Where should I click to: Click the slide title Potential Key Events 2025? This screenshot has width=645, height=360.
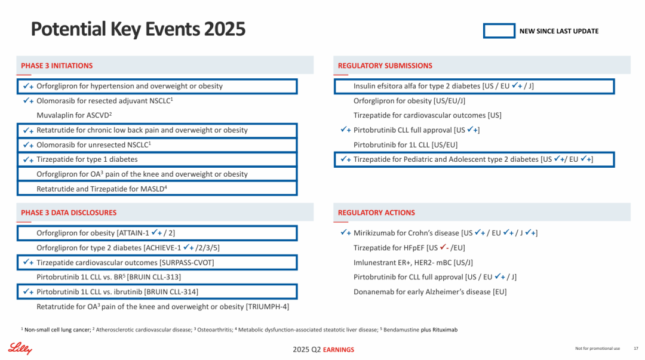pyautogui.click(x=138, y=29)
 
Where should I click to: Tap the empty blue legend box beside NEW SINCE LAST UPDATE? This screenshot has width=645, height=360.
pyautogui.click(x=499, y=31)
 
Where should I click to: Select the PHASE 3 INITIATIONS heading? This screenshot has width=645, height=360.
pyautogui.click(x=57, y=66)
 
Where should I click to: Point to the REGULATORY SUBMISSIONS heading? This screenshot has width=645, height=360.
pyautogui.click(x=385, y=66)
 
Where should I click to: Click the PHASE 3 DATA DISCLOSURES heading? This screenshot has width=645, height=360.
pyautogui.click(x=69, y=213)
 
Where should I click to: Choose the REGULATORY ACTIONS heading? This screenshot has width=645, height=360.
pyautogui.click(x=376, y=213)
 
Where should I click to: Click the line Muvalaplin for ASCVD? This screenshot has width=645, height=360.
pyautogui.click(x=75, y=115)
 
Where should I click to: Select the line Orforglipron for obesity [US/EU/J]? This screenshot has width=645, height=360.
pyautogui.click(x=409, y=100)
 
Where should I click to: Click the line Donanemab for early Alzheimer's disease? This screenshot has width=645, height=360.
pyautogui.click(x=430, y=292)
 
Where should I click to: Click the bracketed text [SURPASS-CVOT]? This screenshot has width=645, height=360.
pyautogui.click(x=186, y=263)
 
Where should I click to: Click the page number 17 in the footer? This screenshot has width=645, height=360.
pyautogui.click(x=635, y=349)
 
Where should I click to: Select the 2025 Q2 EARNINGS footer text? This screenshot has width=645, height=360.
pyautogui.click(x=323, y=350)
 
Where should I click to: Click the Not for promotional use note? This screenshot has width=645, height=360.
pyautogui.click(x=597, y=349)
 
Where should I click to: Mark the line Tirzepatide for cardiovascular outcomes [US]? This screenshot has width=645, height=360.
pyautogui.click(x=427, y=115)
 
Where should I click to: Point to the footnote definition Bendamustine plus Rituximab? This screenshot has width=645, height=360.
pyautogui.click(x=422, y=330)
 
